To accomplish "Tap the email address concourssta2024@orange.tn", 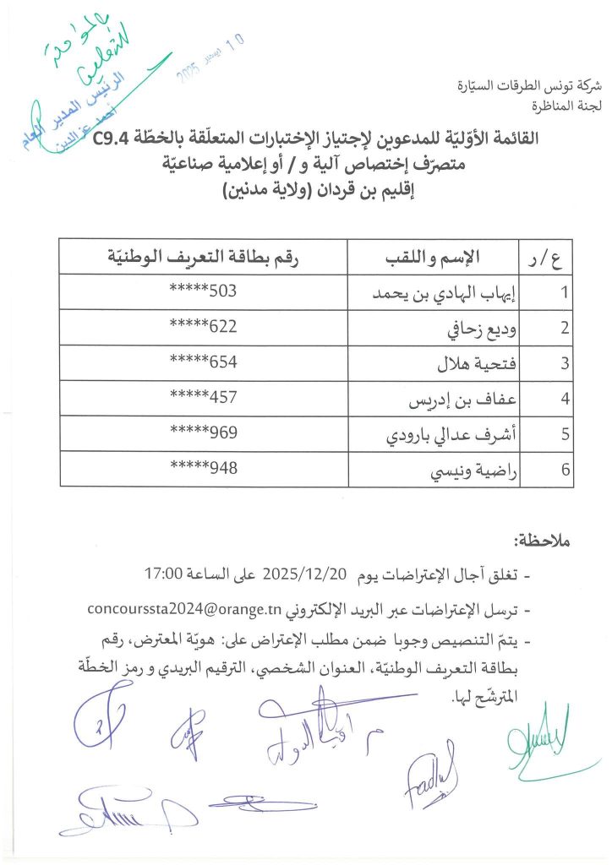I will coord(183,609).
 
